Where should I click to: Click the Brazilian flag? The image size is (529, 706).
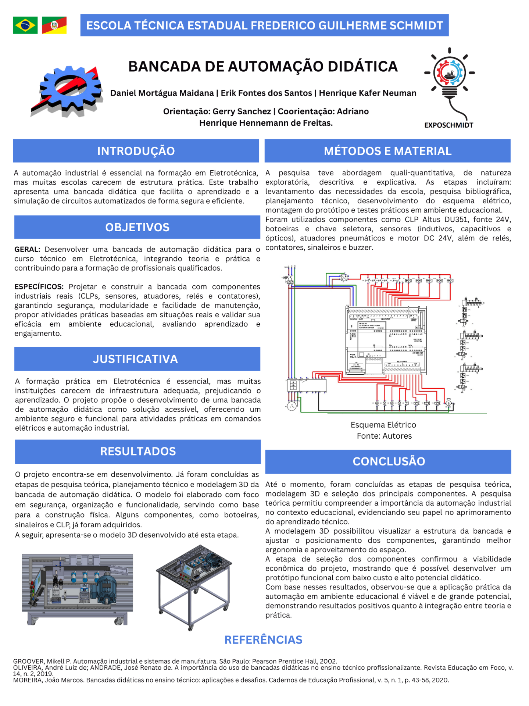click(x=25, y=25)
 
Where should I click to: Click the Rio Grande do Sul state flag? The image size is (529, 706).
click(x=54, y=25)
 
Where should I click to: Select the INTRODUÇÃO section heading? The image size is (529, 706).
click(x=136, y=151)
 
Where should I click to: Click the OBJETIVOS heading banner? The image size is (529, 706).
click(x=137, y=227)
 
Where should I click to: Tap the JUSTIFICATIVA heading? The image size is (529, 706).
click(x=135, y=359)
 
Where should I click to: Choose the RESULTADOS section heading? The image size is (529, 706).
click(x=138, y=451)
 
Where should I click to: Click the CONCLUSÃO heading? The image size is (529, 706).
click(x=389, y=461)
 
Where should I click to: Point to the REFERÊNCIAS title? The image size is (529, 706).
click(x=263, y=640)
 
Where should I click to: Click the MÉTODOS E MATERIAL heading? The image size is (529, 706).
click(x=387, y=151)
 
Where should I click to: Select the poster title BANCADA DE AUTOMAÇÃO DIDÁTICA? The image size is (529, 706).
click(x=263, y=67)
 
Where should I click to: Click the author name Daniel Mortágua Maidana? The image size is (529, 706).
click(x=162, y=93)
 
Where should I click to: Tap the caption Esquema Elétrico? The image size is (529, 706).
click(x=383, y=425)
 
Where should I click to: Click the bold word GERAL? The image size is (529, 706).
click(x=27, y=249)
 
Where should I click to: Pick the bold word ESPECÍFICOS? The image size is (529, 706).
click(x=39, y=286)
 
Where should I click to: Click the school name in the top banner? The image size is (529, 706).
click(x=264, y=25)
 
